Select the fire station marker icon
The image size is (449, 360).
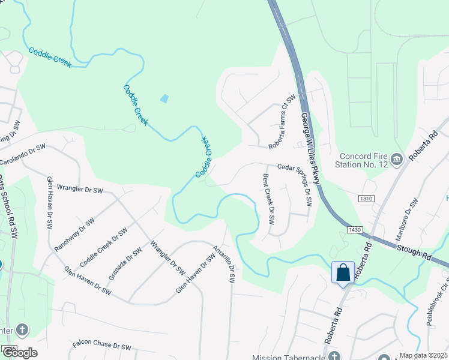[x=396, y=159]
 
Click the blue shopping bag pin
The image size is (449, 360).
[x=343, y=272]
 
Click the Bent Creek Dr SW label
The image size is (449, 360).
[x=268, y=199]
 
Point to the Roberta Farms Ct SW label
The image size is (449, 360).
[x=283, y=121]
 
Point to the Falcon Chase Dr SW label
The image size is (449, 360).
[x=102, y=346]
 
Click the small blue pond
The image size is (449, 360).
[x=164, y=98]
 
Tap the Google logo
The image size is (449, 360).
[x=20, y=353]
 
